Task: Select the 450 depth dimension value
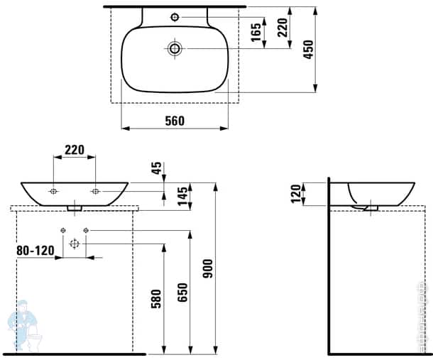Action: (x=307, y=49)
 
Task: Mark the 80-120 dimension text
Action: (x=34, y=251)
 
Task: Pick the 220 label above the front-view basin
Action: (x=75, y=150)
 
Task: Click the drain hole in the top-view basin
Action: (x=175, y=48)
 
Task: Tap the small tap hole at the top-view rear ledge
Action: (x=175, y=16)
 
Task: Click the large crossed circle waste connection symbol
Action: (x=74, y=244)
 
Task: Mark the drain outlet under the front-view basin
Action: (x=75, y=208)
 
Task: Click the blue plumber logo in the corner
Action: (x=21, y=323)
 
